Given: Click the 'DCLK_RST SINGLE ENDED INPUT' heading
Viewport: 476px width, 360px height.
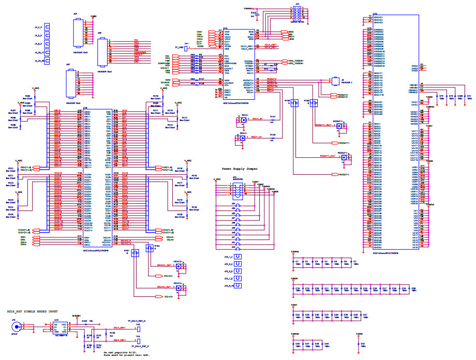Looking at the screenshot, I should (33, 312).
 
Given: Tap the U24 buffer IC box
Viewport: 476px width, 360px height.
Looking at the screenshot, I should (57, 326).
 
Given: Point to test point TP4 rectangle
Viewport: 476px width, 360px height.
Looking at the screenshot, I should (139, 340).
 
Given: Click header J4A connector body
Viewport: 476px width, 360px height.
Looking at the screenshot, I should (78, 29).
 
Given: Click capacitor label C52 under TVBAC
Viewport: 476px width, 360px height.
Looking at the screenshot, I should (363, 343).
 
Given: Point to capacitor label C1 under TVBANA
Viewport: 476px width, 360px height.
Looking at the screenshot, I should (297, 262).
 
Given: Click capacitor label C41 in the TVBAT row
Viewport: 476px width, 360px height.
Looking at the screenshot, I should (365, 314).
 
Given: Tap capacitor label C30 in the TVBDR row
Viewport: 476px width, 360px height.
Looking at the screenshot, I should (413, 288).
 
